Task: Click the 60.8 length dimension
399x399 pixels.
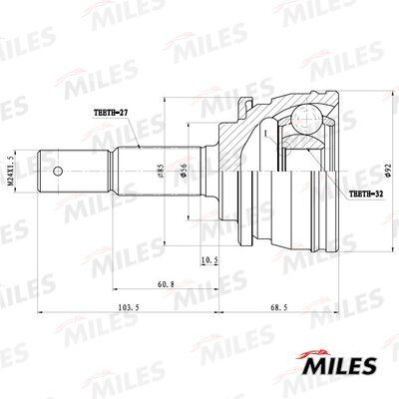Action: tap(166, 284)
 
